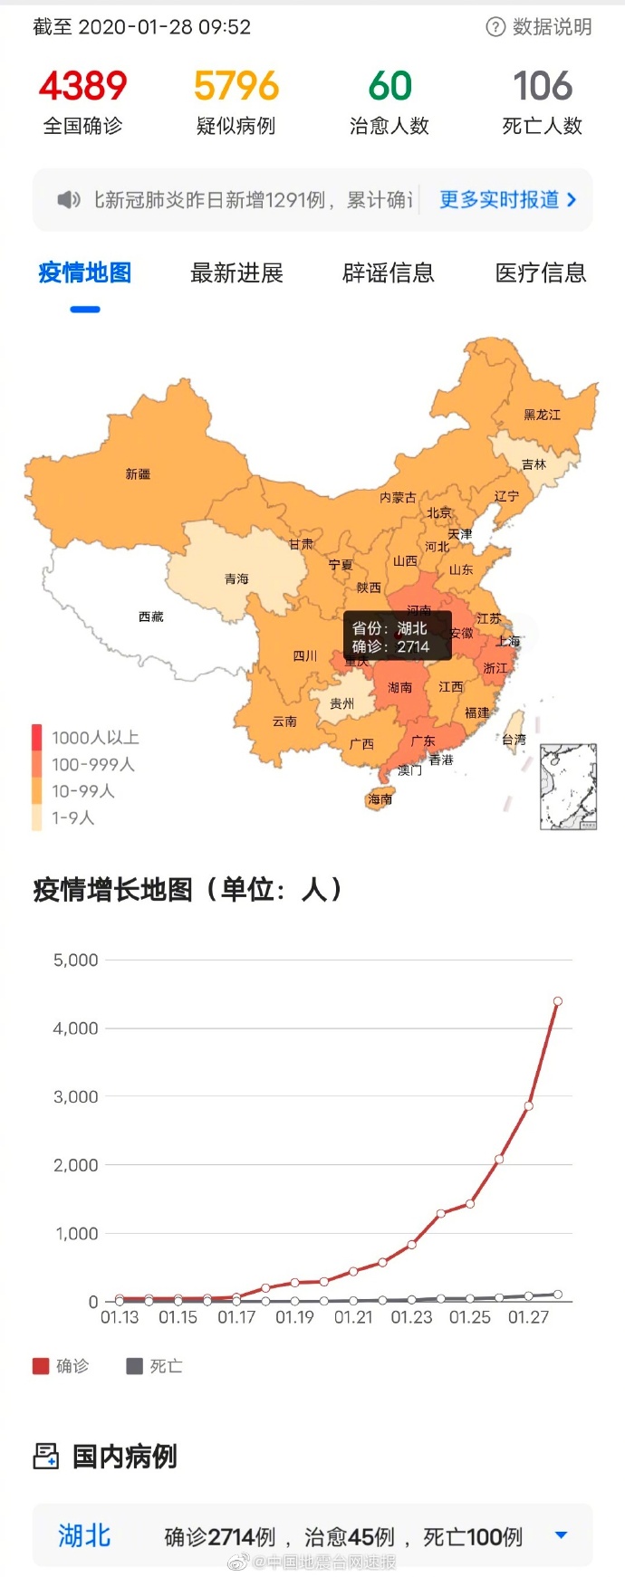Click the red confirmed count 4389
pos(82,87)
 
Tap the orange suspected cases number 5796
pos(236,87)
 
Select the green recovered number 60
pos(389,87)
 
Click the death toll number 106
pos(543,87)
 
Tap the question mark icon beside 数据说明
pos(495,27)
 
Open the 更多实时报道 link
pos(507,200)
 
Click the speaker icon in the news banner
pos(69,200)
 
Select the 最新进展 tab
pos(236,273)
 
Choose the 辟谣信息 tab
pos(389,273)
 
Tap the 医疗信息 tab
pos(541,273)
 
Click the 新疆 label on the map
pos(138,474)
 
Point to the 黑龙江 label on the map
pos(542,415)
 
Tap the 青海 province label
pos(236,579)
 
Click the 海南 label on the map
pos(380,799)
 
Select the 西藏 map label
pos(151,616)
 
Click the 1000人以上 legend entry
pos(94,738)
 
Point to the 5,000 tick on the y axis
pos(76,961)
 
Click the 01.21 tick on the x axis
pos(353,1318)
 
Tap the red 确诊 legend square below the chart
pos(41,1366)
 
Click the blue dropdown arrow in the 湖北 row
pos(561,1535)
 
